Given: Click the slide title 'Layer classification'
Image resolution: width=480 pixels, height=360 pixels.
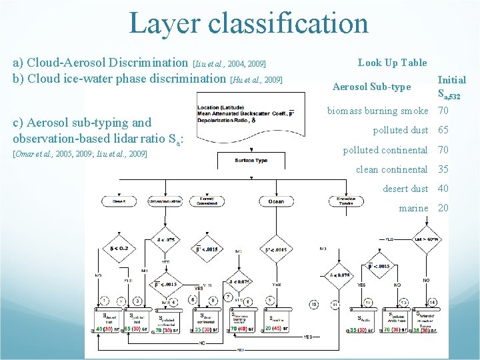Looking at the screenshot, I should pos(249,23).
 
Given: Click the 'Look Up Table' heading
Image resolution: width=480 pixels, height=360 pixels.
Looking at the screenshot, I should pos(392,63).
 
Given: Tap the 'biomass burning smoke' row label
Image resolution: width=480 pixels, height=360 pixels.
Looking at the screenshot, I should pos(377,111).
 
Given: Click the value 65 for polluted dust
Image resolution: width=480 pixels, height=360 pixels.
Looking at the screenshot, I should pos(443,131).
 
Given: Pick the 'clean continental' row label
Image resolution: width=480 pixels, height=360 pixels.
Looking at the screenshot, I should pos(391,169).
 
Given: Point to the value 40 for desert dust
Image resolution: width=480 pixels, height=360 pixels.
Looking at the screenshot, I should pos(443,189).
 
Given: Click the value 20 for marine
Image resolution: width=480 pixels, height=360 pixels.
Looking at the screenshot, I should pos(443,208).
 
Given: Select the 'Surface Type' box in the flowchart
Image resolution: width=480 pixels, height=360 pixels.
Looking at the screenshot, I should pos(251,161).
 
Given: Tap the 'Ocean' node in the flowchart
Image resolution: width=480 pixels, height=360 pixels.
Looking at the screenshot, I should pos(275,201).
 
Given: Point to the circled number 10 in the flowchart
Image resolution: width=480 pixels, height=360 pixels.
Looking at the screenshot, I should pos(313,304).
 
